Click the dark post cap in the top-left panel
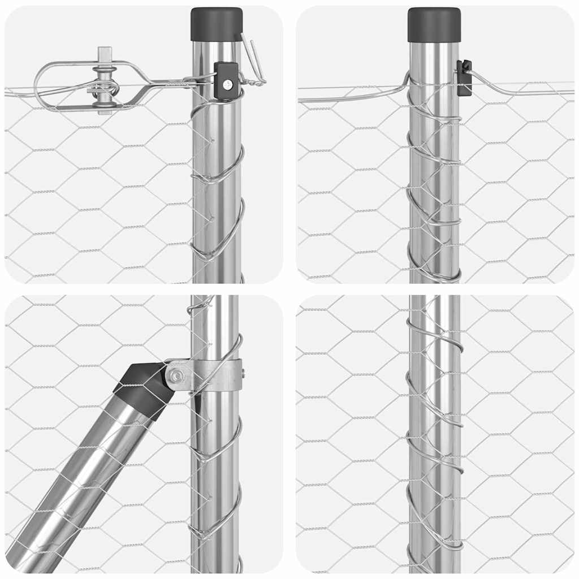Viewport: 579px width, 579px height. (x=217, y=24)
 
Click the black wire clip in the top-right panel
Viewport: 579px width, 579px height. (x=464, y=77)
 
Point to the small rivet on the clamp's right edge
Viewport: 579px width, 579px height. (x=243, y=373)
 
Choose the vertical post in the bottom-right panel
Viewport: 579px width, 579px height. (x=434, y=441)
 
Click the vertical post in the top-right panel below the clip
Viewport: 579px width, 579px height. (x=434, y=187)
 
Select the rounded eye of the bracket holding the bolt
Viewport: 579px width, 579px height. (x=176, y=375)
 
